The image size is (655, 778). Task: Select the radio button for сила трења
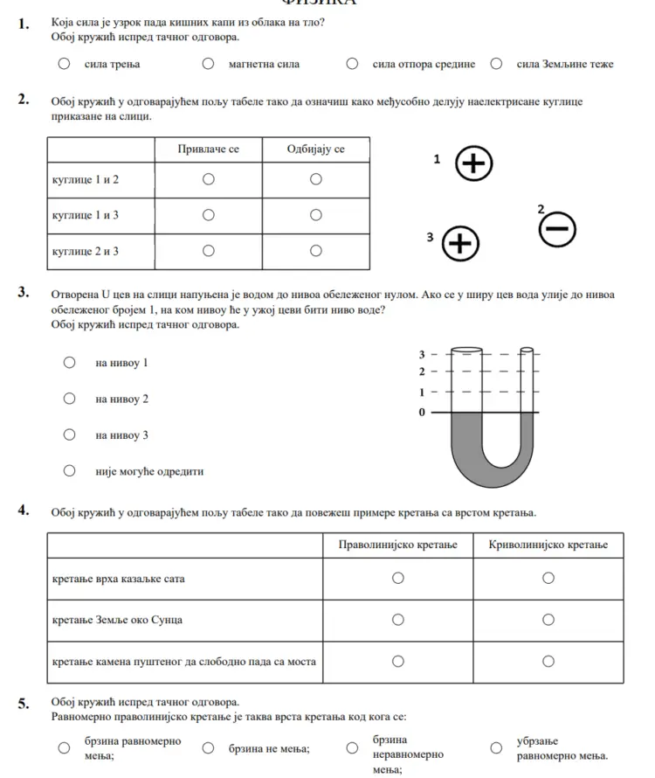[64, 63]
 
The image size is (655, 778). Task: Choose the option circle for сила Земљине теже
[496, 63]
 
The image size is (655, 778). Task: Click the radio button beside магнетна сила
[208, 63]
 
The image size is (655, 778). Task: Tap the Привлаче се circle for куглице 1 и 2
[208, 179]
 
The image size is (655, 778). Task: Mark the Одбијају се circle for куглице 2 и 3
[316, 251]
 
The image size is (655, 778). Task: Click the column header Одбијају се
[316, 149]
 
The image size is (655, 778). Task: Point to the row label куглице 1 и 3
[86, 215]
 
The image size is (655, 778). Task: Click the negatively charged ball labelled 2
[557, 229]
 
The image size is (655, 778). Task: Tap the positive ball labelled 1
[474, 163]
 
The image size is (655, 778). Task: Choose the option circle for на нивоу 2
[69, 399]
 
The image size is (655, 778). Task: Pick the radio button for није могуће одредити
[69, 471]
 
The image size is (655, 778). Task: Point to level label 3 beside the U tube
[423, 354]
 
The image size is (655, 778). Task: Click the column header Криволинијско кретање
[548, 545]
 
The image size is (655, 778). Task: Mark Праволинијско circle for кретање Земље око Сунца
[397, 620]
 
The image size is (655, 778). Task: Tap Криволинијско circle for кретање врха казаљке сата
[548, 578]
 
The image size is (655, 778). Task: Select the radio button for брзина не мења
[208, 748]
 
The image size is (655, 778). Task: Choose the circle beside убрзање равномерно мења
[496, 748]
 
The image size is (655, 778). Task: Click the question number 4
[24, 511]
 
